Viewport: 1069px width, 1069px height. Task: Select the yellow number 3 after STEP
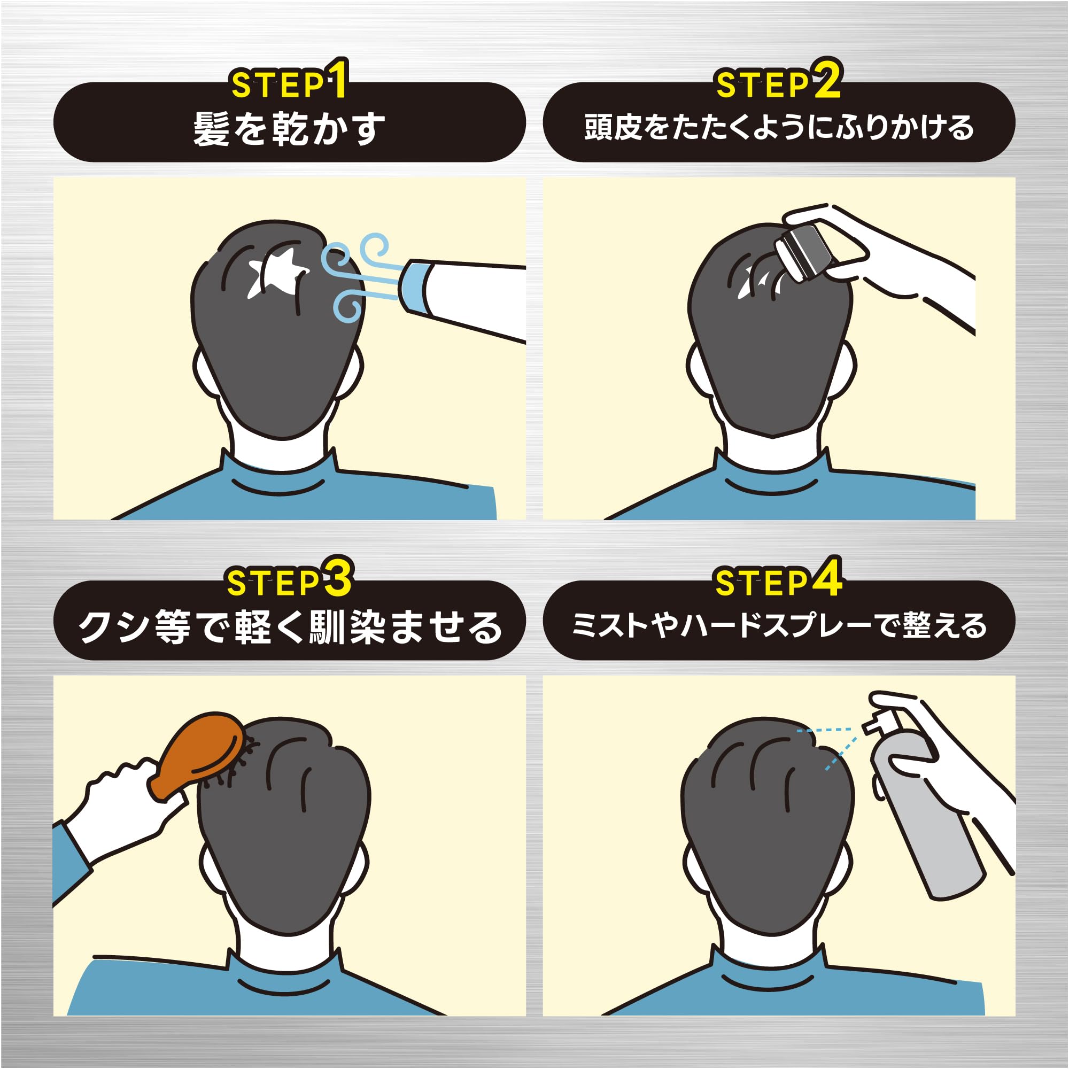337,578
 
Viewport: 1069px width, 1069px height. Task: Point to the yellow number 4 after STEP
827,578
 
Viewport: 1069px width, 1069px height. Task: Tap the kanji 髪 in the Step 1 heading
211,128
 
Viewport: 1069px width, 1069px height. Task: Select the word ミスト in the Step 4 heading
609,626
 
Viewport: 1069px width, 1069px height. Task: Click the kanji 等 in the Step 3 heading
173,628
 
